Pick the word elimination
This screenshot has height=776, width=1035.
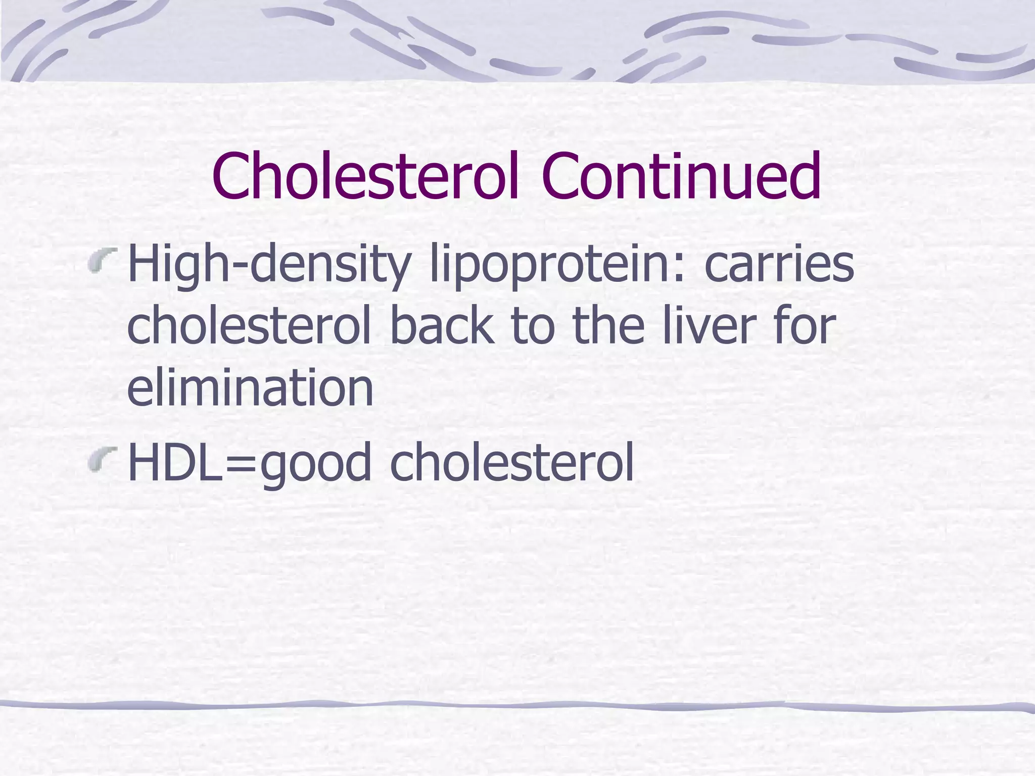pyautogui.click(x=250, y=388)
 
